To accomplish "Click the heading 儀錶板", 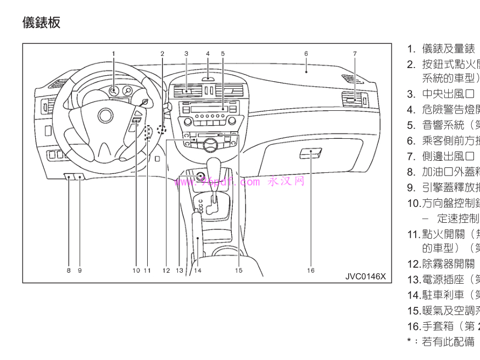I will tap(41, 22).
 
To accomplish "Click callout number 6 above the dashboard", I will tap(306, 54).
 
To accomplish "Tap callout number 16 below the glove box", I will tap(311, 270).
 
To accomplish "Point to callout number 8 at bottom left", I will tap(69, 270).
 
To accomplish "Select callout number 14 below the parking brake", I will tap(197, 270).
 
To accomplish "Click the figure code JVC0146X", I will tap(365, 275).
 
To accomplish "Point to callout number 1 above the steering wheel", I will tap(114, 54).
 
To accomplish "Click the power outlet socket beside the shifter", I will tap(199, 177).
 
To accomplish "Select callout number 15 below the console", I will tap(238, 270).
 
